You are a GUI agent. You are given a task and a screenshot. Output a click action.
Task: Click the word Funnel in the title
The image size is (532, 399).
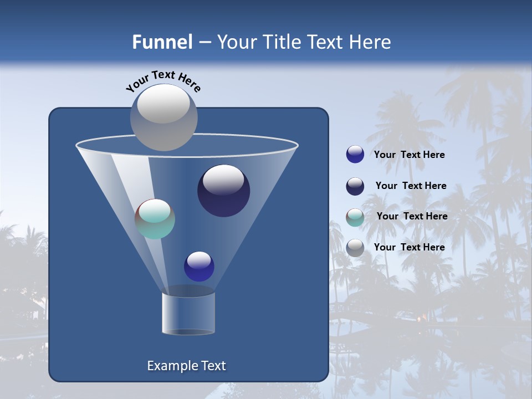pos(162,42)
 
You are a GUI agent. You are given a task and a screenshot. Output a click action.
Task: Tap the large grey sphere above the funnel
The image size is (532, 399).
pos(164,117)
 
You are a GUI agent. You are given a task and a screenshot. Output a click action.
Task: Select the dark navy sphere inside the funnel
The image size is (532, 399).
pos(224,191)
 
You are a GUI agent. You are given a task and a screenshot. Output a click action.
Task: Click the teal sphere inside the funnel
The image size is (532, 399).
pos(155,219)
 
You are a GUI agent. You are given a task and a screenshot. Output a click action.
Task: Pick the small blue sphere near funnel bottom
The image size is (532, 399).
pos(199,267)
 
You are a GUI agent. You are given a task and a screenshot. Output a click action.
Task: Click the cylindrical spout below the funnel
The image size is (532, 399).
pos(188,313)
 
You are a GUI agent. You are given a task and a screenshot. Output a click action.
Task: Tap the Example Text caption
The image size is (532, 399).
pos(186,366)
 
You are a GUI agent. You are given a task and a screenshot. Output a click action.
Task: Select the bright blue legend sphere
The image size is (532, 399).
pos(355,154)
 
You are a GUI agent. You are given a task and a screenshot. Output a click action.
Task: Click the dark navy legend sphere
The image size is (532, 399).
pos(355,186)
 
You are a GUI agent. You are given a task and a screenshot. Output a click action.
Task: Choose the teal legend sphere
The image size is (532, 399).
pos(355,217)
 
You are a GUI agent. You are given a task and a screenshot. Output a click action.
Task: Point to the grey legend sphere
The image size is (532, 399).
pos(355,247)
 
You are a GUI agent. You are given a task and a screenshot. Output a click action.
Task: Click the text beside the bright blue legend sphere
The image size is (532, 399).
pos(409,155)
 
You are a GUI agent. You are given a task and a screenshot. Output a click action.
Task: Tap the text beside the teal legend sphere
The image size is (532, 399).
pos(412,216)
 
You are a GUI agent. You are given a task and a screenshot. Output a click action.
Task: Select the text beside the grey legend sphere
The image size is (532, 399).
pos(409,247)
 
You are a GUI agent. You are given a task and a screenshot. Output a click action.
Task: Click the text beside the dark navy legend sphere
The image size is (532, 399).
pos(411,186)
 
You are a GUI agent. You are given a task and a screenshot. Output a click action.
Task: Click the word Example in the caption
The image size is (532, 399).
pos(171,366)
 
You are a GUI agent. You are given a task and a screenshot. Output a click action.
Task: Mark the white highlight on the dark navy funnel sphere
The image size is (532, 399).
pos(224,178)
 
